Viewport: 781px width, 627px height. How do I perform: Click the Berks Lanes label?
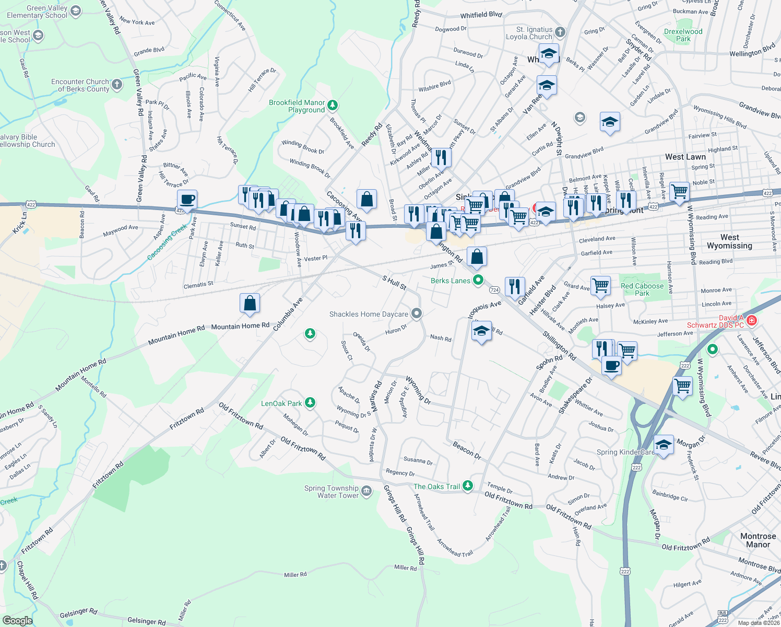click(x=451, y=281)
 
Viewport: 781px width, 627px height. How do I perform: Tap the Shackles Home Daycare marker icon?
click(x=416, y=313)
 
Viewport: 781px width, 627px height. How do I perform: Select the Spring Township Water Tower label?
click(x=332, y=492)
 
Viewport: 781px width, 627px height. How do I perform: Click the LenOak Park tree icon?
click(x=310, y=402)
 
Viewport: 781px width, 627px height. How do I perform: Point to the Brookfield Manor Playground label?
click(x=297, y=106)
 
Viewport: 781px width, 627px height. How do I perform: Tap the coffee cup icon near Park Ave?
click(x=187, y=200)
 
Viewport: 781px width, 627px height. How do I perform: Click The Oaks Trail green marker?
click(x=467, y=486)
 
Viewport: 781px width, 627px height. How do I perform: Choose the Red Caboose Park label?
click(x=642, y=289)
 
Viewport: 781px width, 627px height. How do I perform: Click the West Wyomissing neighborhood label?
click(x=729, y=241)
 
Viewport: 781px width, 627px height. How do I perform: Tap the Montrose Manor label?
click(x=758, y=540)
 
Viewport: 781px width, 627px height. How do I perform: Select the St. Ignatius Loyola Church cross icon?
click(x=560, y=32)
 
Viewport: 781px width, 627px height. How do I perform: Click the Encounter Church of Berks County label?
click(x=80, y=85)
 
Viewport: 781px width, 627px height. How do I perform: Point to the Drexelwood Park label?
click(x=683, y=35)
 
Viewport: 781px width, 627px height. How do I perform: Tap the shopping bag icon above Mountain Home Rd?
click(x=250, y=303)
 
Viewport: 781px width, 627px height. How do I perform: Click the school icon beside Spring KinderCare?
click(x=663, y=445)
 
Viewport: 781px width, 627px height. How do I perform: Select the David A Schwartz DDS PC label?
click(x=715, y=321)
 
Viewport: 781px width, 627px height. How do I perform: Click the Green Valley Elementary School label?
click(x=37, y=11)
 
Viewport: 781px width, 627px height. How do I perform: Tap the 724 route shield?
click(x=494, y=289)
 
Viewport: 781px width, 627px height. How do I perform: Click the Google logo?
click(x=17, y=621)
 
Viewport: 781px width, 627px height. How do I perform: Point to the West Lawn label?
click(x=685, y=157)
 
